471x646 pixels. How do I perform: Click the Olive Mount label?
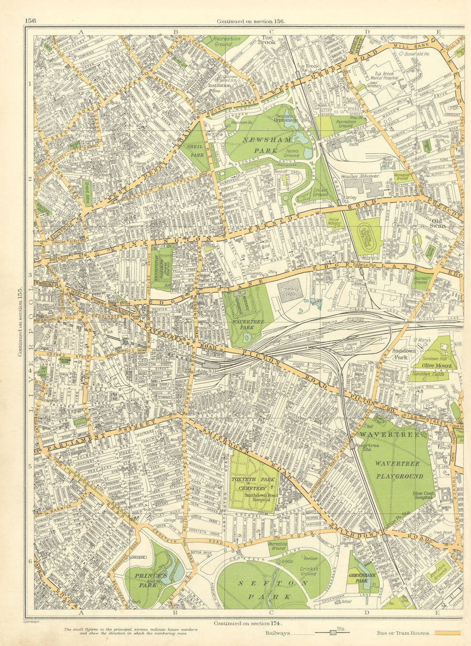click(433, 365)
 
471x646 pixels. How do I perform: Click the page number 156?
click(31, 20)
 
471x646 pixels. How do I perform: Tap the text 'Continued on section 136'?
click(251, 21)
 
